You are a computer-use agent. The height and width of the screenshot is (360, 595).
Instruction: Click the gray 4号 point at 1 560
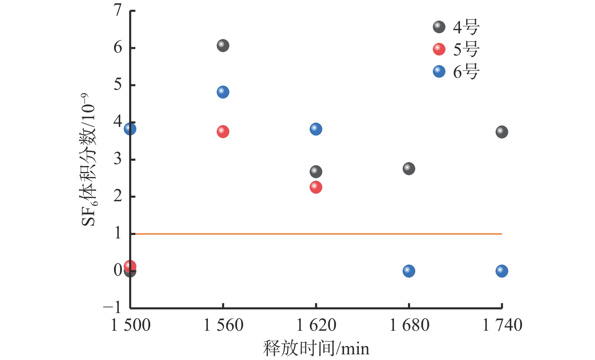(223, 46)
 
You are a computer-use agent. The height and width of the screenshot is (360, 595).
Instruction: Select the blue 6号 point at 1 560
(223, 92)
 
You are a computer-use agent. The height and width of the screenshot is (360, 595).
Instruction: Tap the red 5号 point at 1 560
(223, 132)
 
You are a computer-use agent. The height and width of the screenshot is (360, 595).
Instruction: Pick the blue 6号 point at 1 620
(316, 129)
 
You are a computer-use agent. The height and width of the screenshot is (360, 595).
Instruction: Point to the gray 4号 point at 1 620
(316, 172)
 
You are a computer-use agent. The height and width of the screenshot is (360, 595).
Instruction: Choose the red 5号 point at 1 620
(316, 187)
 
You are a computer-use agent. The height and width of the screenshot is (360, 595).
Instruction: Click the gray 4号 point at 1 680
(409, 169)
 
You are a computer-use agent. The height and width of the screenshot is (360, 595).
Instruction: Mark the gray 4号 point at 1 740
(501, 132)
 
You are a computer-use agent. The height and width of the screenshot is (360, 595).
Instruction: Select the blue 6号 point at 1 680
(409, 271)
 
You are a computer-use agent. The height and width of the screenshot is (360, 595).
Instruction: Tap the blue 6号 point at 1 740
(501, 271)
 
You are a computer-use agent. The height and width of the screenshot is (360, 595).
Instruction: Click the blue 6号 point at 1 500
(130, 129)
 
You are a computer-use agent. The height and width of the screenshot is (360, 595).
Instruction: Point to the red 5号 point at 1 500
(130, 266)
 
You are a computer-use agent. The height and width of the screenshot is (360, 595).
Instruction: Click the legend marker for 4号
(439, 27)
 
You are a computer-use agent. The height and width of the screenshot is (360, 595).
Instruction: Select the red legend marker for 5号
(439, 49)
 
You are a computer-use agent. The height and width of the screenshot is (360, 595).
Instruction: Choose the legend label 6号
(466, 72)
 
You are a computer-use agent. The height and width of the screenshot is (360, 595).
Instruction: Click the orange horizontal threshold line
(315, 234)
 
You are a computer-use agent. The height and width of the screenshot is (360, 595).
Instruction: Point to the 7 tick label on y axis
(118, 11)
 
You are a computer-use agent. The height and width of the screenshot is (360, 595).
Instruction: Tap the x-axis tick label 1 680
(409, 325)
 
